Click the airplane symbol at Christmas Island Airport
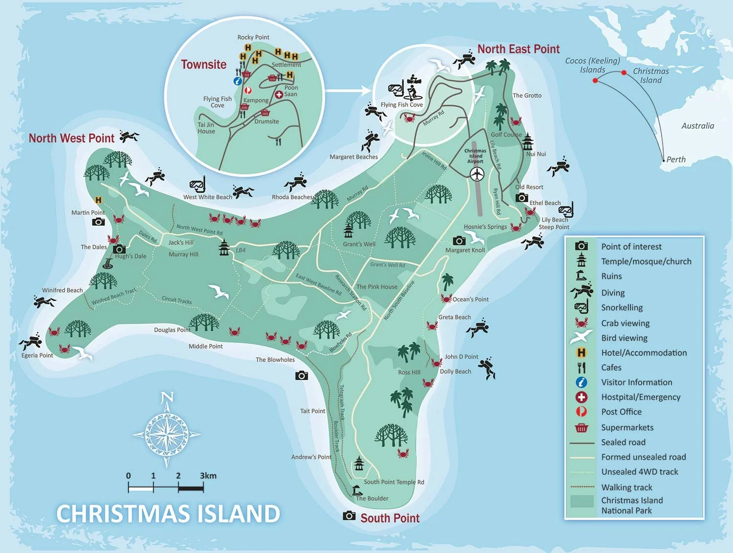coord(477,173)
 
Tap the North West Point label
coord(71,138)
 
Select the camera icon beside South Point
coord(349,516)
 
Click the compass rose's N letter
coord(167,398)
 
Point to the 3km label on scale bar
coord(208,476)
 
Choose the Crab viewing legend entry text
coord(625,323)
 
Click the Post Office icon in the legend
coord(581,412)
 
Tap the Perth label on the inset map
coord(676,159)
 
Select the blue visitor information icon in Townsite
coord(238,81)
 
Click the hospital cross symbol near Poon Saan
coord(279,94)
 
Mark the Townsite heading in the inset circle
coord(204,64)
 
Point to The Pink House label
coord(377,287)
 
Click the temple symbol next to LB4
coord(224,248)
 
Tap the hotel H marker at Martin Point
coord(98,200)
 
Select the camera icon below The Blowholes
coord(302,376)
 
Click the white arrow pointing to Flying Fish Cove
coord(348,90)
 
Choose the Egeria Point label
coord(37,355)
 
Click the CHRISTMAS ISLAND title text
coord(168,514)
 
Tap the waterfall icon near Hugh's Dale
coord(108,264)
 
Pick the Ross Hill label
coord(409,372)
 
